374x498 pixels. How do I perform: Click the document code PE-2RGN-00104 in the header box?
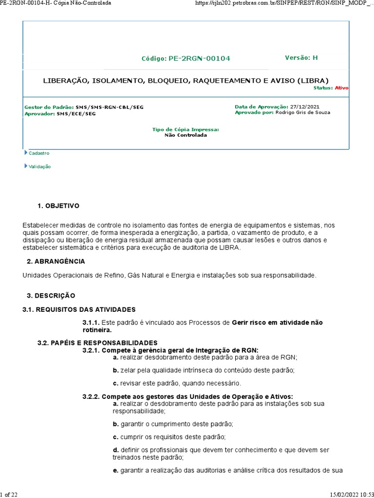click(x=200, y=58)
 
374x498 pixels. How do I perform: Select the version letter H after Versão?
click(x=315, y=57)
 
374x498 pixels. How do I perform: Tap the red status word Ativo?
click(x=341, y=88)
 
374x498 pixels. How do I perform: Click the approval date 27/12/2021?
click(x=305, y=107)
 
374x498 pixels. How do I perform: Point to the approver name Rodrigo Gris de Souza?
click(x=302, y=112)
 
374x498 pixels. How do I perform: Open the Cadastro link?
click(x=39, y=153)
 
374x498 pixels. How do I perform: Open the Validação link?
click(x=39, y=166)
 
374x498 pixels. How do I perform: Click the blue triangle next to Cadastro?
click(x=26, y=153)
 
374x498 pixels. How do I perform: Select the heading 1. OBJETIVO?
click(x=58, y=206)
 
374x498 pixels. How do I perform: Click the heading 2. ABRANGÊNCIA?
click(x=56, y=261)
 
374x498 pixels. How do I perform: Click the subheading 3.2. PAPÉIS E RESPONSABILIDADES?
click(x=97, y=342)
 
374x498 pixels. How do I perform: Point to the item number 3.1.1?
click(x=91, y=322)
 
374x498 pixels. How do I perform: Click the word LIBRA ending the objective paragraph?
click(x=230, y=248)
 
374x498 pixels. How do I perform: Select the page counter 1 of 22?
click(x=9, y=494)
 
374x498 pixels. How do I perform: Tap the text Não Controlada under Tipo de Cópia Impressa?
click(x=186, y=135)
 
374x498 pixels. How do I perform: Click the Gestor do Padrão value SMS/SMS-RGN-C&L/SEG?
click(x=110, y=107)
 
